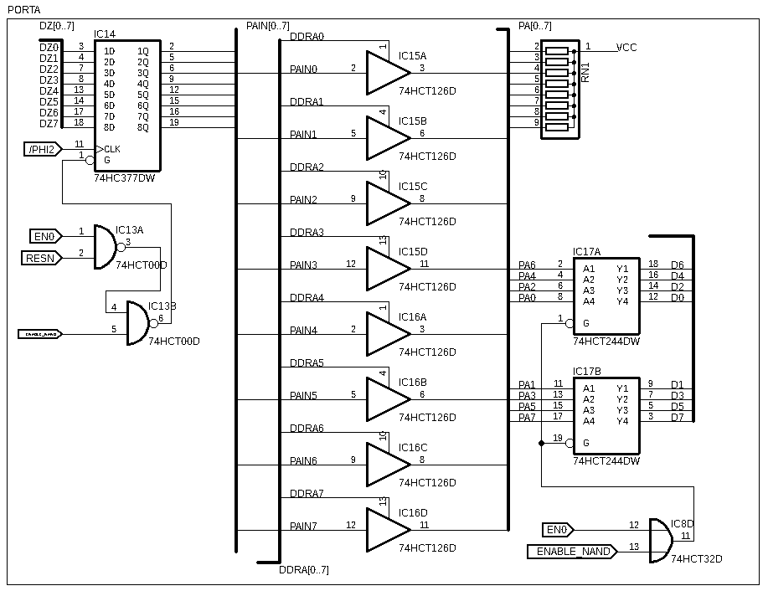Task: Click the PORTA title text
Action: (23, 9)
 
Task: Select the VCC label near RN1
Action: (626, 48)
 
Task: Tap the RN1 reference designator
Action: (585, 72)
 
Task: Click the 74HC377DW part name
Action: (124, 178)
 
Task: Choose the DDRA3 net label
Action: (307, 233)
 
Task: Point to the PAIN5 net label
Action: (303, 395)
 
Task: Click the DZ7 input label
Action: (49, 123)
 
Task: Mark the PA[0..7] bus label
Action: (535, 26)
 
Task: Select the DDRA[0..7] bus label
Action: (303, 570)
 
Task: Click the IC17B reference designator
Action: (586, 371)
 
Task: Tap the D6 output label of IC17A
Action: (677, 265)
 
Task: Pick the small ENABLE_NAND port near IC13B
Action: (39, 334)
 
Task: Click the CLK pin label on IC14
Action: (112, 149)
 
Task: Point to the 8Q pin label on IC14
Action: (142, 127)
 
